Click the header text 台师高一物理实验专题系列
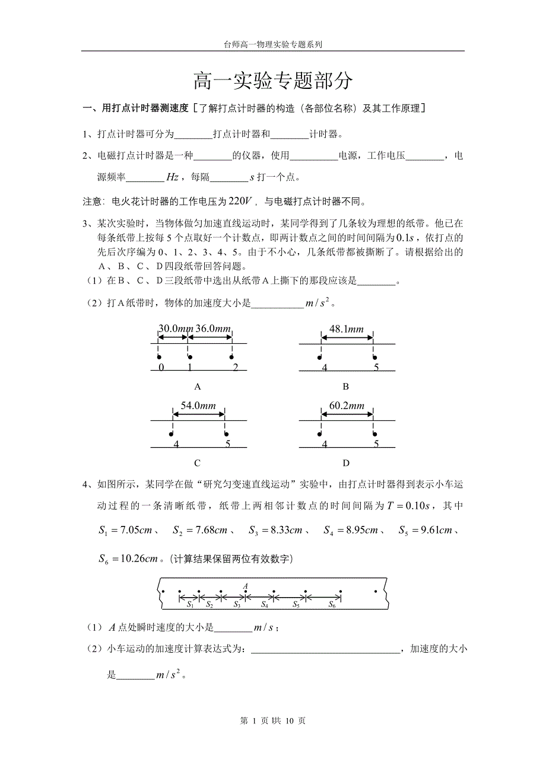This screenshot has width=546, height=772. click(x=272, y=44)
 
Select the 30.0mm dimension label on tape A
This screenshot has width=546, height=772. click(x=176, y=328)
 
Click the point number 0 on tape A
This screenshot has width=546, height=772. click(x=161, y=368)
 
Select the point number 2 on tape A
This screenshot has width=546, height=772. click(x=235, y=368)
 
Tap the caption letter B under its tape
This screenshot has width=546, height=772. click(x=346, y=387)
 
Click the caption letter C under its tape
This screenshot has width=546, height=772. click(x=198, y=463)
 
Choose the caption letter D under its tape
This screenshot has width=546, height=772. click(x=346, y=463)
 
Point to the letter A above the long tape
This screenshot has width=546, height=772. click(x=245, y=586)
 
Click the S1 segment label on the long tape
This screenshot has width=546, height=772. click(x=190, y=605)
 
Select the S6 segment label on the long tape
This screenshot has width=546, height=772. click(x=332, y=605)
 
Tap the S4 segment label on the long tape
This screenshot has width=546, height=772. click(x=265, y=605)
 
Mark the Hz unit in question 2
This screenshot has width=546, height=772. click(x=172, y=177)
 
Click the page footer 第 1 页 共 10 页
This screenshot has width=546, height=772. click(x=272, y=720)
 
